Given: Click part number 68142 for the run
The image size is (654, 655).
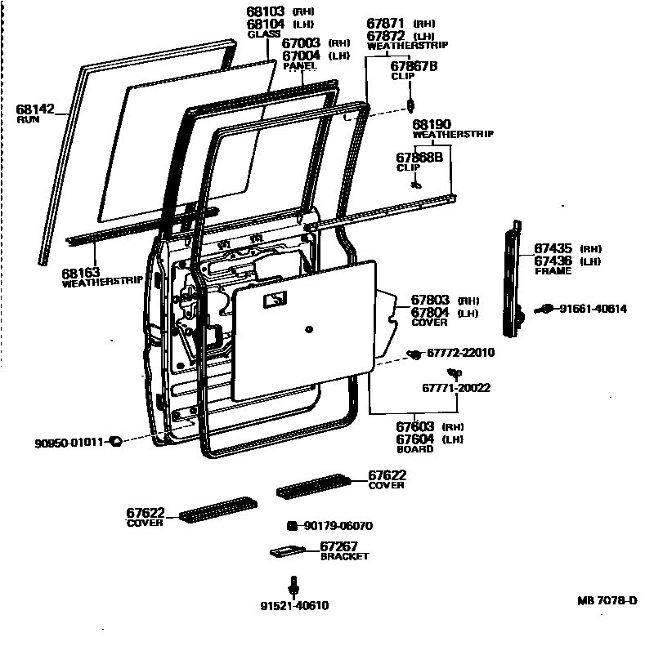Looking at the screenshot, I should pos(34,109).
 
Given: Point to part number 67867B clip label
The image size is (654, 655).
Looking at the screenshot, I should pos(414,66).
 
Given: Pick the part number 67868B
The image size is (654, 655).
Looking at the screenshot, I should pos(419,157).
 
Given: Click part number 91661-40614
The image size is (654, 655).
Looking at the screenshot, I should pos(594,309).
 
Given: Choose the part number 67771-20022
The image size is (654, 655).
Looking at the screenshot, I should pos(456,387).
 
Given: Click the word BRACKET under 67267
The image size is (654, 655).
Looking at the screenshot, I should pos(344,557).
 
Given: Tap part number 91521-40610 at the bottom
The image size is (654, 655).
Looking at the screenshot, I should pos(295,606).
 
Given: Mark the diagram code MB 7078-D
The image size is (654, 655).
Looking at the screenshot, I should pos(607,601).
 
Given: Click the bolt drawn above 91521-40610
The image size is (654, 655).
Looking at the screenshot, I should pos(293,586).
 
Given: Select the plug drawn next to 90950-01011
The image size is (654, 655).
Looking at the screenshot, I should pos(115,441).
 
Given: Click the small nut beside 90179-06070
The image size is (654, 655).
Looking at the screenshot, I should pos(290,526).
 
